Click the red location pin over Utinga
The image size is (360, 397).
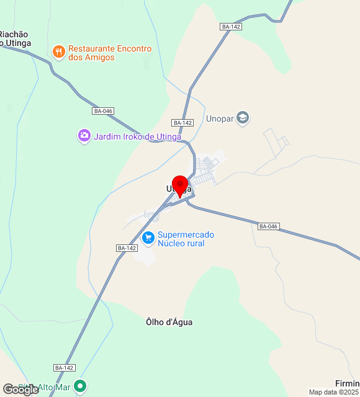point(180,185)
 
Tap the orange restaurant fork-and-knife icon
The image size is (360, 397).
point(59,51)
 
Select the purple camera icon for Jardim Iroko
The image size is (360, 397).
point(84,136)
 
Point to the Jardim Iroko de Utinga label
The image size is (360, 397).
point(137,136)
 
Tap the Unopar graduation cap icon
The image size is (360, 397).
point(243,118)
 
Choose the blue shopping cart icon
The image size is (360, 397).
point(148,238)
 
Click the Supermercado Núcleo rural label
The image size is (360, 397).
point(185,239)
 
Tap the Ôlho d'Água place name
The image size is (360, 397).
point(169,322)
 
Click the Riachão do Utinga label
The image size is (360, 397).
point(15,38)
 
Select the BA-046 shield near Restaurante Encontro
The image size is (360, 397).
point(103,111)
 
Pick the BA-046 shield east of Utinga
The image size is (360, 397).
point(268,226)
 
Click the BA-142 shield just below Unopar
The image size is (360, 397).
point(183,123)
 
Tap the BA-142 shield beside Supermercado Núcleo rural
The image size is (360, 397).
point(127,248)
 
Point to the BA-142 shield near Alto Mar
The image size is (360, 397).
point(65,368)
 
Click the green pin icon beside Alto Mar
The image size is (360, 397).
point(80,387)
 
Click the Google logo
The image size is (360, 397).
point(20,390)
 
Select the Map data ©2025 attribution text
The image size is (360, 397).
point(334,392)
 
